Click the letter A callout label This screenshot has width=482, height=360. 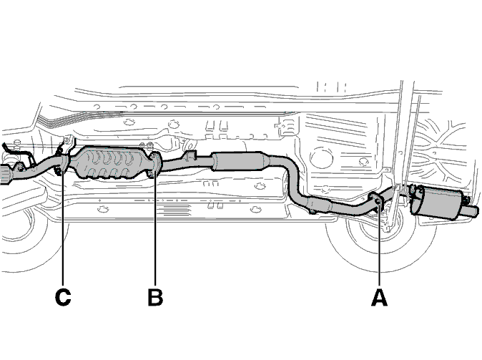coord(379,298)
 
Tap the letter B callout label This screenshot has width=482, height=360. coord(155,298)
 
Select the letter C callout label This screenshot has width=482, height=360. coord(63,298)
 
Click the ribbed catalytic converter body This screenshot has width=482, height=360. coord(109,162)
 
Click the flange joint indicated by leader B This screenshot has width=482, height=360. coord(155,165)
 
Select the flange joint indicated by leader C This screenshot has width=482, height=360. coord(63,163)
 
